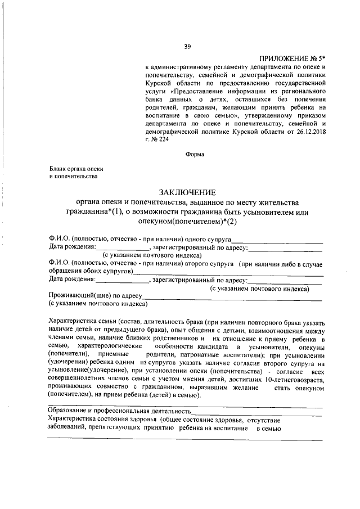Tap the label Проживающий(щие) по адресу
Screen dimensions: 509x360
point(94,295)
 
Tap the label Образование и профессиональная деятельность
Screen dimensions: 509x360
point(120,411)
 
